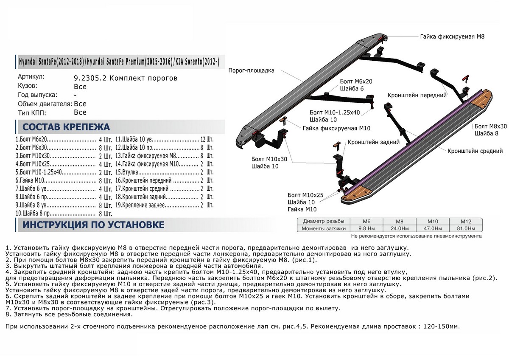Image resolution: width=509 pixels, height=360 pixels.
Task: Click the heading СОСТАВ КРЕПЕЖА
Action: click(66, 127)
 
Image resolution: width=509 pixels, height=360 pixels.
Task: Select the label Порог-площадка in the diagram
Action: click(252, 70)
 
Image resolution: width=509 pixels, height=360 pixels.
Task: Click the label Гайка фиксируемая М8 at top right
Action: click(453, 37)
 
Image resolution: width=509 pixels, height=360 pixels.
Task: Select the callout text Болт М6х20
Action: click(356, 81)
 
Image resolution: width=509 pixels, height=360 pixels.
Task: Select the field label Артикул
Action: click(31, 77)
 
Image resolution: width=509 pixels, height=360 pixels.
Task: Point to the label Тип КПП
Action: click(32, 113)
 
